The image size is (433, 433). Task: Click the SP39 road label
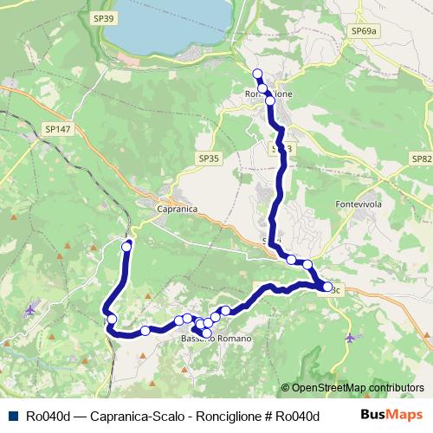coord(103,17)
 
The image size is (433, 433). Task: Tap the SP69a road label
coord(365,31)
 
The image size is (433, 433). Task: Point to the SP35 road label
coord(209,158)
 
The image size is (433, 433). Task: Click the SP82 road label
coord(422,158)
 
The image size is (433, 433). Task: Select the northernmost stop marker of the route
coord(256,74)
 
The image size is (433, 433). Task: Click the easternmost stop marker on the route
coord(327,287)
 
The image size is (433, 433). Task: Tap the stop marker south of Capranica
coord(126,247)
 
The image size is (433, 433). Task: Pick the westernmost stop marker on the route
coord(111,320)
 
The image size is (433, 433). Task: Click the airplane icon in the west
coord(31,309)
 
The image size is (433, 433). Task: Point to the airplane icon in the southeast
coord(349,337)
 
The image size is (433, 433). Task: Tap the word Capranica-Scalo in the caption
coord(129,416)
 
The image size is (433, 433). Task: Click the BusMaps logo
coord(391,415)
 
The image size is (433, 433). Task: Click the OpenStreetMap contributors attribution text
coord(352,388)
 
